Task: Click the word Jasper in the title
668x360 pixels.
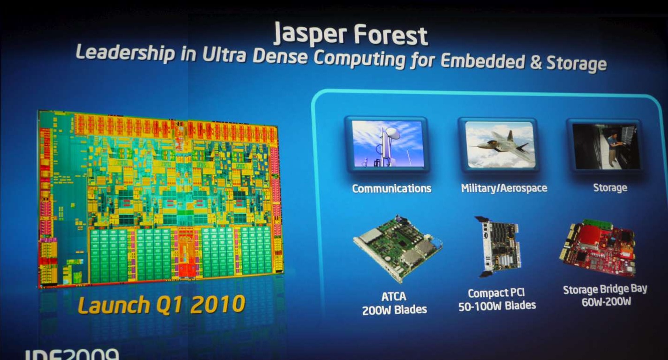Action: [310, 34]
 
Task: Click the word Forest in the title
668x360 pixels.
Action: [391, 36]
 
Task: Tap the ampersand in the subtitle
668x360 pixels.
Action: [536, 63]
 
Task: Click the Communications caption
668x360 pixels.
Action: [391, 188]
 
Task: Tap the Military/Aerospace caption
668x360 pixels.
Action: [504, 188]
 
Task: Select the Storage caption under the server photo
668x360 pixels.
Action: [610, 187]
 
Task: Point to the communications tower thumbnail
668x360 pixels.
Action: [387, 144]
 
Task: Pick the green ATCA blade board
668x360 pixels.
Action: [397, 249]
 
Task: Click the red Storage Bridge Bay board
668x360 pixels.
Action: [598, 248]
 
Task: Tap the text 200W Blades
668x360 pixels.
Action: [394, 310]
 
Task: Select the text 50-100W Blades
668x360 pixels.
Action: [497, 306]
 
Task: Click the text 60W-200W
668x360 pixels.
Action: [606, 302]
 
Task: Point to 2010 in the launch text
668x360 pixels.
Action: [217, 304]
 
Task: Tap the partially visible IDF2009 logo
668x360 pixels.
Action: [72, 354]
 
